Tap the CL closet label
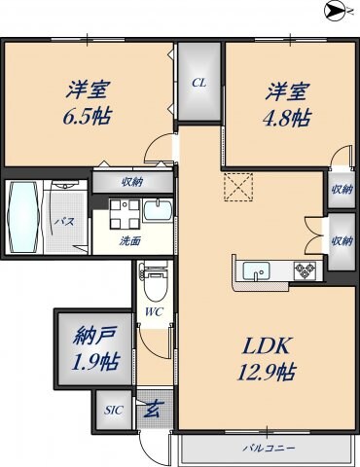point(198,83)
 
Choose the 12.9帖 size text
point(264,372)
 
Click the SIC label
point(113,410)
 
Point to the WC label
point(154,312)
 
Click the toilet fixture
point(154,283)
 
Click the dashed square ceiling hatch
point(238,187)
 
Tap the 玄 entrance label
point(152,410)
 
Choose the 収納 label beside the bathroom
point(132,180)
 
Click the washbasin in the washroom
point(156,211)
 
